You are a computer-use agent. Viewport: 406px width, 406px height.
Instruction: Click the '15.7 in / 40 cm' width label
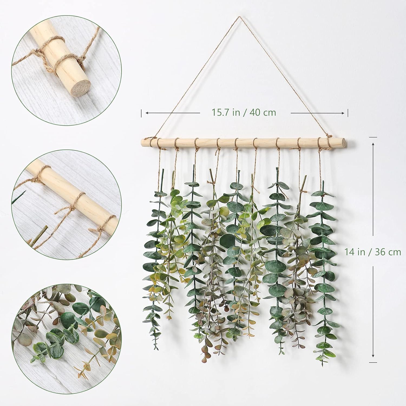tap(244, 112)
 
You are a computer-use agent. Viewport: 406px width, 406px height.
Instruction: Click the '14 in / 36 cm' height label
tap(373, 252)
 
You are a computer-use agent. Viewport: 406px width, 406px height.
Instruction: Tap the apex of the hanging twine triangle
tap(239, 17)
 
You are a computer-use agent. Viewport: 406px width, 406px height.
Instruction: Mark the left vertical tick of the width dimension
tap(141, 113)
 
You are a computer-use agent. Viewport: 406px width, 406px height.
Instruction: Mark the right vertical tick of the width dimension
tap(348, 113)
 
